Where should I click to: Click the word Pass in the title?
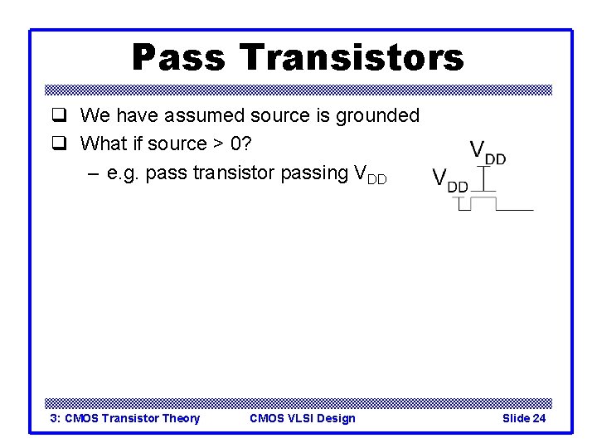[x=177, y=57]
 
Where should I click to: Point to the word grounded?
[x=377, y=116]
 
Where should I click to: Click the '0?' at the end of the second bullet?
[x=241, y=144]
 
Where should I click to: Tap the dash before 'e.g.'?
[x=93, y=173]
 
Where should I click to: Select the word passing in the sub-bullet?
[x=315, y=173]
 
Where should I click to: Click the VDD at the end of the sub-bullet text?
[x=370, y=174]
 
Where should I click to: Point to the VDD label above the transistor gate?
[x=488, y=152]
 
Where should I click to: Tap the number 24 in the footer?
[x=538, y=418]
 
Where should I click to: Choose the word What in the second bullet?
[x=103, y=144]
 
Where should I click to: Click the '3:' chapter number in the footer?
[x=56, y=418]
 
